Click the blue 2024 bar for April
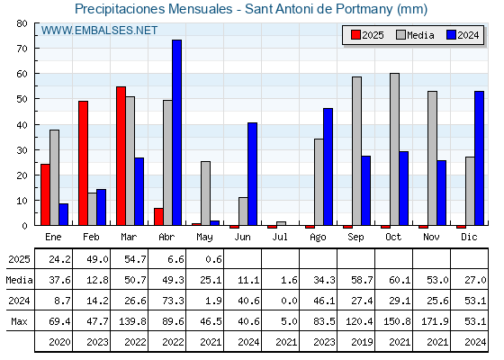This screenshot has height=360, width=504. pos(176,132)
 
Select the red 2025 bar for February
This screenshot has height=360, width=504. pos(83,163)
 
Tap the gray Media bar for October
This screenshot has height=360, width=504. pos(394,149)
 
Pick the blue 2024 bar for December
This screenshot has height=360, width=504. pos(479,158)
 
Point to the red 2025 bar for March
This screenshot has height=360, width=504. pos(121,156)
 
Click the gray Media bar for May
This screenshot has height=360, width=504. pos(205,193)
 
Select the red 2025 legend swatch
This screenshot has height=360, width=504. pos(355,35)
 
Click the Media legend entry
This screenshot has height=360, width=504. pos(415,35)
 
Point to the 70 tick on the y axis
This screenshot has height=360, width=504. pos(22,49)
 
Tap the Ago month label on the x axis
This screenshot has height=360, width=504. pos(318,238)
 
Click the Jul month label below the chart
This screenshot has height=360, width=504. pos(280,237)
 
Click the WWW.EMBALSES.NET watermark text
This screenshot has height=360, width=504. pos(99,31)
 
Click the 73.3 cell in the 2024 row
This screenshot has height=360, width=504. pos(173,301)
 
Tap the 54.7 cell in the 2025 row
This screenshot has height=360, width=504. pos(135,259)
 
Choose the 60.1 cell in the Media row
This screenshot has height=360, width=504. pos(400,280)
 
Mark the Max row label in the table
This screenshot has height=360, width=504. pos(19,321)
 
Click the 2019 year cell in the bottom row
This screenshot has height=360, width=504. pos(362,342)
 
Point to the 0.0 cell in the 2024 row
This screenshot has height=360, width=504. pos(289,301)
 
